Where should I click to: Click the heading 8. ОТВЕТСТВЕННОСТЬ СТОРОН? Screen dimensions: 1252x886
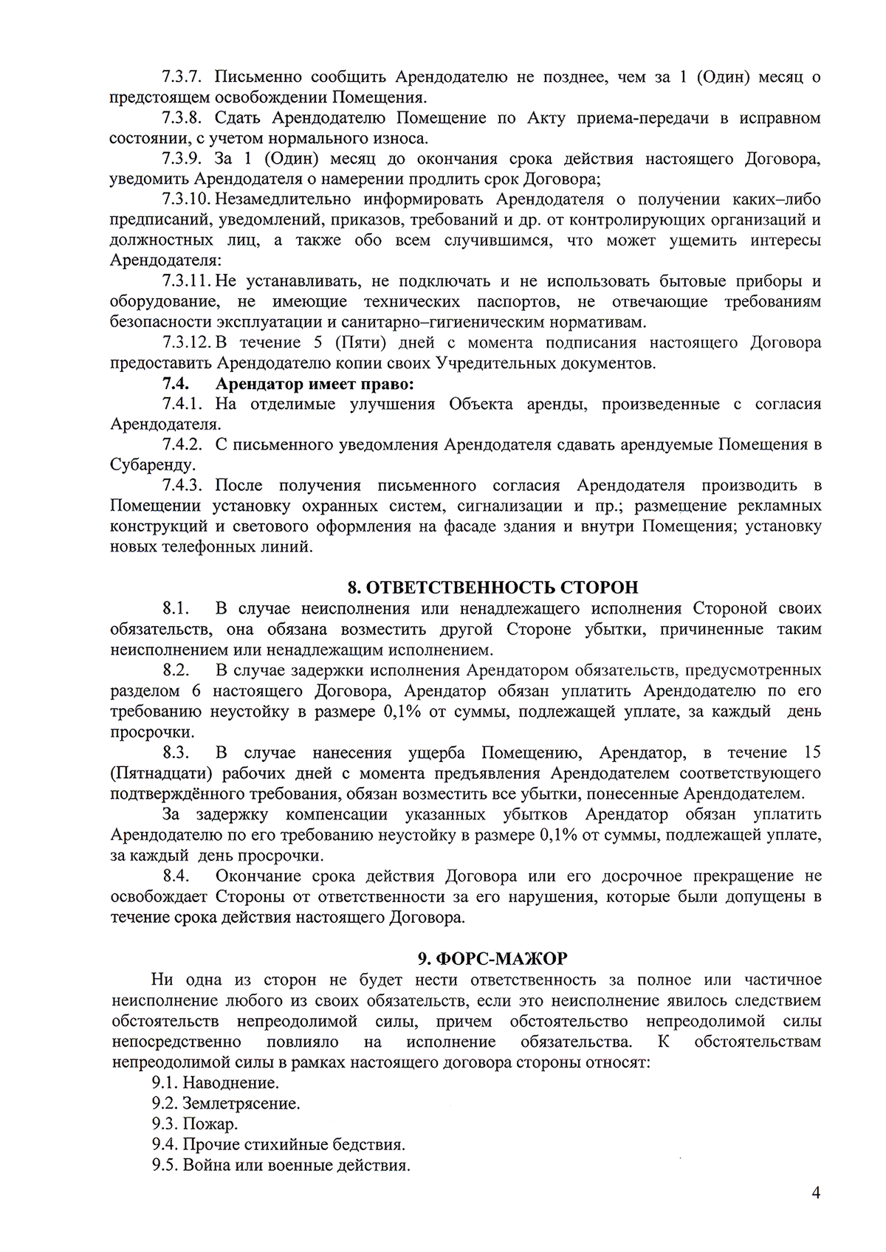point(492,588)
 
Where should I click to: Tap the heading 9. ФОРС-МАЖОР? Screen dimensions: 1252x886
point(492,958)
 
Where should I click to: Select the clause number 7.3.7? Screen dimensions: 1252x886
point(182,77)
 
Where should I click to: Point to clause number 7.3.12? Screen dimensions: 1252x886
point(185,343)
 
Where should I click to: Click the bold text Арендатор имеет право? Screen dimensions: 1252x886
point(314,384)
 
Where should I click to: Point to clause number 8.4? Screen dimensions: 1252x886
point(176,876)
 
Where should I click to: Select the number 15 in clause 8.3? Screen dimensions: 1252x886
point(809,752)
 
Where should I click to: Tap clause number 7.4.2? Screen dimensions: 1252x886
point(182,444)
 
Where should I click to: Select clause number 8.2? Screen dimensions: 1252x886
point(176,670)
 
